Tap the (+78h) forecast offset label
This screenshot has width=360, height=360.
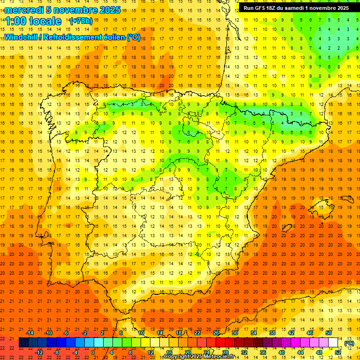pyautogui.click(x=81, y=21)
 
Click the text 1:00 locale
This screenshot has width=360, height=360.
pyautogui.click(x=33, y=21)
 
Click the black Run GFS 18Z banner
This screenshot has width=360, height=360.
pyautogui.click(x=296, y=8)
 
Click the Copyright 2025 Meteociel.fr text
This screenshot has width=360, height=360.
pyautogui.click(x=199, y=357)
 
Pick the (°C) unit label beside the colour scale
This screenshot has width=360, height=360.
pyautogui.click(x=349, y=344)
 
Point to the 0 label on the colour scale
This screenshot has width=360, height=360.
pyautogui.click(x=92, y=352)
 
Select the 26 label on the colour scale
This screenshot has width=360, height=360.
pyautogui.click(x=216, y=333)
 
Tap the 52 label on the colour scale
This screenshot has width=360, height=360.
pyautogui.click(x=338, y=352)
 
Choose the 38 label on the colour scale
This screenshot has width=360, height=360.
pyautogui.click(x=272, y=333)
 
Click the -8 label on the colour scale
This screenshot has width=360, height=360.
pyautogui.click(x=57, y=352)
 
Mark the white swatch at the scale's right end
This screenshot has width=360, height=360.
pyautogui.click(x=333, y=343)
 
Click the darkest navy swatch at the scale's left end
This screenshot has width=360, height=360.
pyautogui.click(x=23, y=343)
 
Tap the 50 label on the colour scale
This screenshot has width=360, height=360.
pyautogui.click(x=329, y=333)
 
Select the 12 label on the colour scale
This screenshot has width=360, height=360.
pyautogui.click(x=150, y=352)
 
